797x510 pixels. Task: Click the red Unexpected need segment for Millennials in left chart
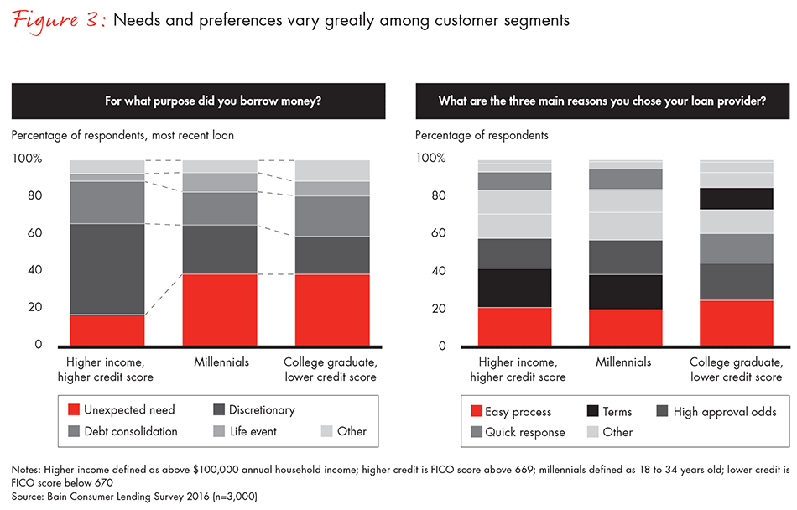(221, 310)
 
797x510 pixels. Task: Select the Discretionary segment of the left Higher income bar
(107, 268)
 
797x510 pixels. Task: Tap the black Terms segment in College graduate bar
(736, 198)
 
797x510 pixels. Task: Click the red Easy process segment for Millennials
(626, 328)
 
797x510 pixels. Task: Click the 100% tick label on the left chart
(27, 159)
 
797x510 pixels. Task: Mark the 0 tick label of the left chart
(37, 345)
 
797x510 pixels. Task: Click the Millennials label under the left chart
(220, 362)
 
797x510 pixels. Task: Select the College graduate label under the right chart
(736, 369)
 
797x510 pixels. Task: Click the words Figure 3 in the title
(57, 20)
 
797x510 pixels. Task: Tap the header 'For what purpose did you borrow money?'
(198, 101)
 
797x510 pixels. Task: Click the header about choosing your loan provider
(602, 101)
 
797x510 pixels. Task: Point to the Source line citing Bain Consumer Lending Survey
(134, 496)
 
